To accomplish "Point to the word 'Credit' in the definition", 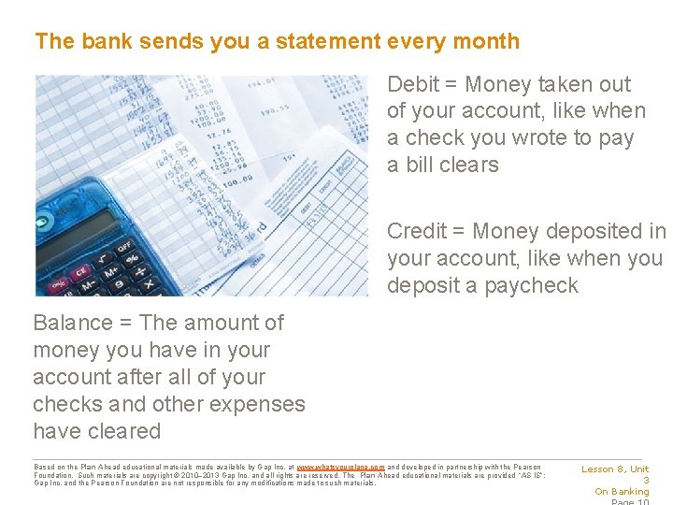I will click(x=417, y=231).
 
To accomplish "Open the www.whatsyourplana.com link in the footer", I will click(x=340, y=467).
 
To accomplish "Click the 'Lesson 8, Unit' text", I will click(x=615, y=469).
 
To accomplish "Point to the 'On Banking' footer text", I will click(x=622, y=492).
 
